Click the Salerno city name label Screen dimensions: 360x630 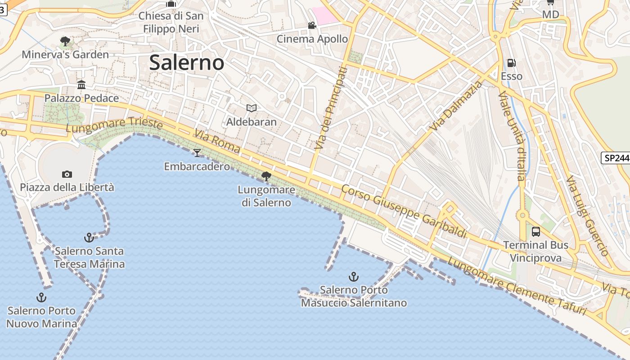coord(186,63)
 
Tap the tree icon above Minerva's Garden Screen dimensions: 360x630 coord(65,41)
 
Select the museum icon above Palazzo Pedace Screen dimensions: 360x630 coord(81,85)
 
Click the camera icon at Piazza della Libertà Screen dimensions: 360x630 coord(67,174)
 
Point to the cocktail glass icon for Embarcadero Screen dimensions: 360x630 coord(197,153)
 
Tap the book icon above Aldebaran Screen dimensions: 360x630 coord(251,108)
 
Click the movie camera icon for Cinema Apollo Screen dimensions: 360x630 coord(312,25)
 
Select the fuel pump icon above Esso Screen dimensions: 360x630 coord(511,63)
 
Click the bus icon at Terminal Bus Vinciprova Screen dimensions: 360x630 coord(535,232)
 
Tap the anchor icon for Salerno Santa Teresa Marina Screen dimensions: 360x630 coord(89,237)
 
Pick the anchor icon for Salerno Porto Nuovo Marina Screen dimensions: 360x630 coord(41,297)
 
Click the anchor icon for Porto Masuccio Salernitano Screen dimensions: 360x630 coord(354,276)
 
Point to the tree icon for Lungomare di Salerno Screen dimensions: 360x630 coord(266,176)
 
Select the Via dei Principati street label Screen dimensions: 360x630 coord(331,108)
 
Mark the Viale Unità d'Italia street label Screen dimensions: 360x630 coord(512,136)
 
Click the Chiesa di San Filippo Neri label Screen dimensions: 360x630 coord(171,22)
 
